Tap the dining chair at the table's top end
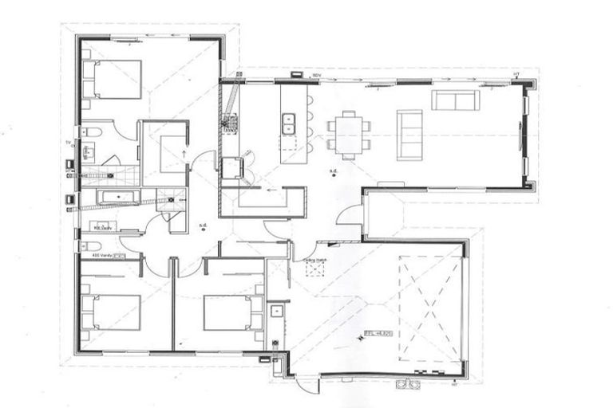tap(350, 112)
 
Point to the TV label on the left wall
tap(69, 143)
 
